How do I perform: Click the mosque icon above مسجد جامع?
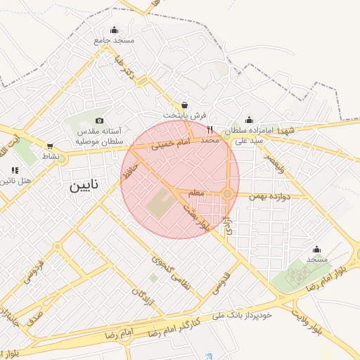115,30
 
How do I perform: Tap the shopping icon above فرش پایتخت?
184,104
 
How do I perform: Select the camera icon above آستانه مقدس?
99,121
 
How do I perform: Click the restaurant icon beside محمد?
210,129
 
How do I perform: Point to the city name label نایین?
84,186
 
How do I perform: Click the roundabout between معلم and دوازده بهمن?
227,193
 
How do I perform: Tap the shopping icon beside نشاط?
50,146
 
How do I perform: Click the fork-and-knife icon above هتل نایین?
15,170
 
